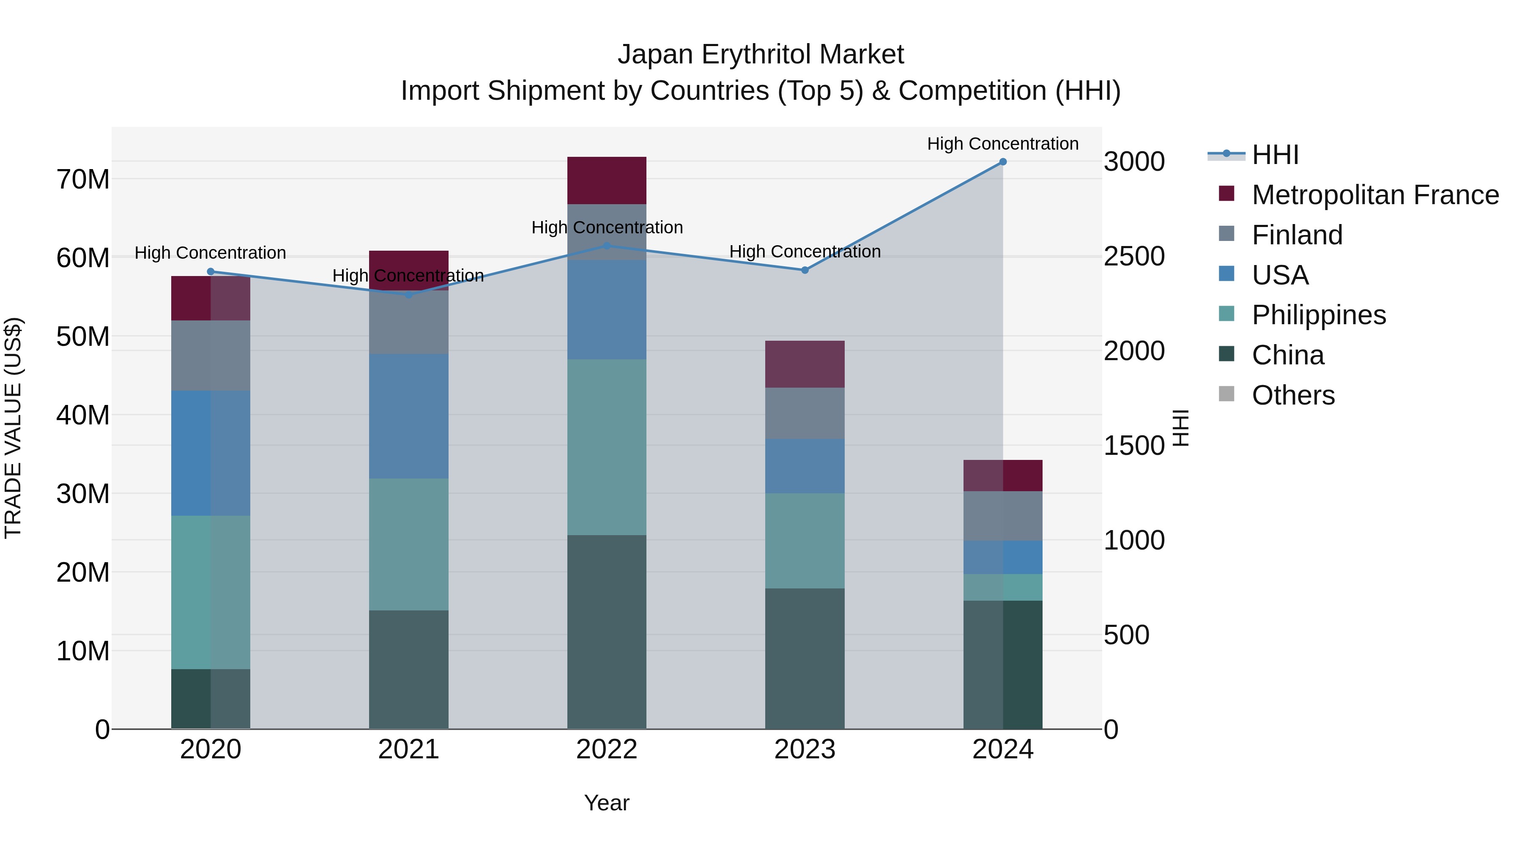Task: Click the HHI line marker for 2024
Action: pyautogui.click(x=1003, y=162)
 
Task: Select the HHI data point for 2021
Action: pyautogui.click(x=408, y=295)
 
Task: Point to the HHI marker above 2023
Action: pyautogui.click(x=805, y=270)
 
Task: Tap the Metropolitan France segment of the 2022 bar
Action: pyautogui.click(x=607, y=180)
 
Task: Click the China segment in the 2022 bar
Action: pyautogui.click(x=607, y=632)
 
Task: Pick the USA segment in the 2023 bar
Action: pyautogui.click(x=805, y=466)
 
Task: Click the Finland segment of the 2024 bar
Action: pyautogui.click(x=1003, y=516)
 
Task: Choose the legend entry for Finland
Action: pyautogui.click(x=1297, y=235)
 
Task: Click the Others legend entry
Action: pyautogui.click(x=1293, y=395)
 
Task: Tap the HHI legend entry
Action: pyautogui.click(x=1275, y=155)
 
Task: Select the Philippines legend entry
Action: pyautogui.click(x=1318, y=315)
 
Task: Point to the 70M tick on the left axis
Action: pyautogui.click(x=83, y=179)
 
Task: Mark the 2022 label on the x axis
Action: pyautogui.click(x=607, y=749)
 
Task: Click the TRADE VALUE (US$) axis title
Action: pyautogui.click(x=13, y=428)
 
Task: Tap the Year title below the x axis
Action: pyautogui.click(x=607, y=803)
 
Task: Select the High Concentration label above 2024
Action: pyautogui.click(x=1003, y=144)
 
